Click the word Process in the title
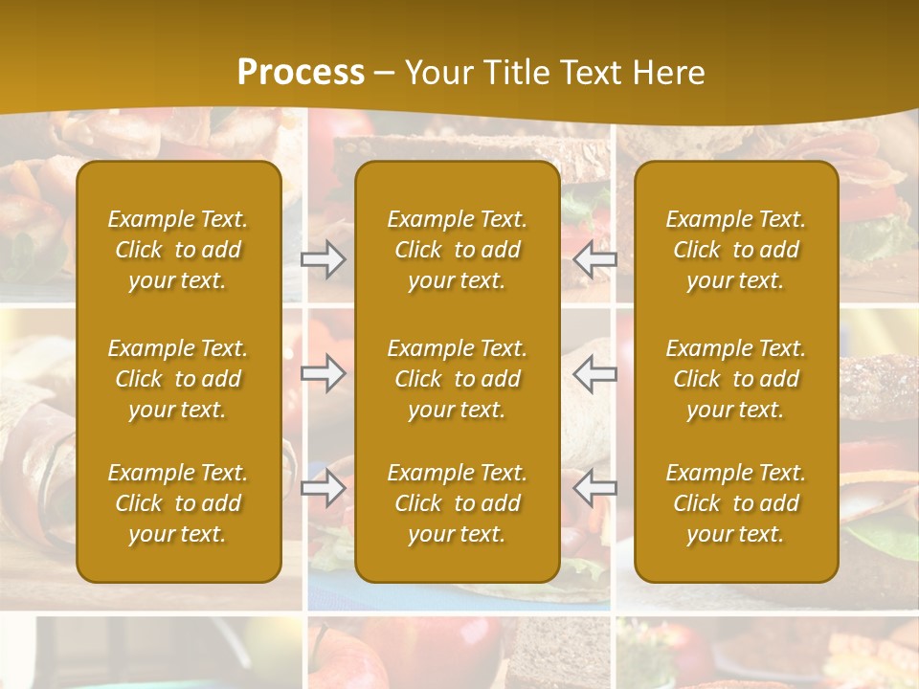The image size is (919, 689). (x=301, y=73)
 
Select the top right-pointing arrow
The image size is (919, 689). (x=324, y=259)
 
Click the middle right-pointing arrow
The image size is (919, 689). (x=324, y=373)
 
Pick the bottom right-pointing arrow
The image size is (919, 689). (x=324, y=488)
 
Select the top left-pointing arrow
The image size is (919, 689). (x=594, y=259)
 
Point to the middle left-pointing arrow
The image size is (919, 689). (x=594, y=373)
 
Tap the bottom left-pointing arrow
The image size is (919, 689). (x=594, y=488)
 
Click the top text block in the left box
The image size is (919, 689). (x=178, y=250)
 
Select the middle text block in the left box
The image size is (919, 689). (x=178, y=379)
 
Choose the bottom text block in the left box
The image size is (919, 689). (x=178, y=503)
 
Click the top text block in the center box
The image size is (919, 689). (x=458, y=250)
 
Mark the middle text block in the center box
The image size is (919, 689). (x=458, y=379)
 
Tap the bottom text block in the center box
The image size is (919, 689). (x=458, y=503)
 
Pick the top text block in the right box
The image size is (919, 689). (x=736, y=250)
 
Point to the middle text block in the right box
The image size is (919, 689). (x=736, y=379)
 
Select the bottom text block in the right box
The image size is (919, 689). (x=736, y=503)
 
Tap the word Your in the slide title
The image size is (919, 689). (x=436, y=73)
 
